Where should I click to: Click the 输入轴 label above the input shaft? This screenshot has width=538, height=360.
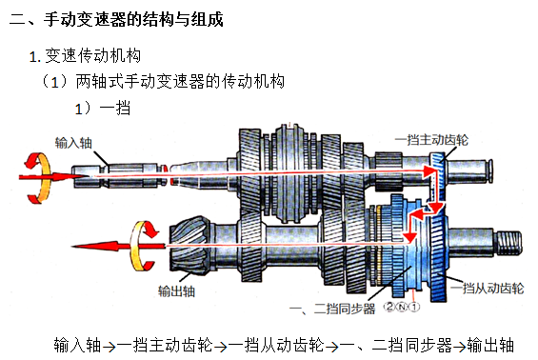coord(73,143)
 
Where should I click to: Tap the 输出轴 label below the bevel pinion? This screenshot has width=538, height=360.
coord(176,291)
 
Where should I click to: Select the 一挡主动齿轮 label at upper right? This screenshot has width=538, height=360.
coord(431,140)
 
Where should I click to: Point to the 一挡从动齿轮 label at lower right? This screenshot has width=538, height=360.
coord(488,288)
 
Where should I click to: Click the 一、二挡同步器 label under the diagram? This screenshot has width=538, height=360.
coord(332,309)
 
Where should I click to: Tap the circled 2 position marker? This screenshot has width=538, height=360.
coord(389,306)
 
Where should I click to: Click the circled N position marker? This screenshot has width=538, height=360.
coord(402,307)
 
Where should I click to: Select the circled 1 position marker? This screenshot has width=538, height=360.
coord(414,307)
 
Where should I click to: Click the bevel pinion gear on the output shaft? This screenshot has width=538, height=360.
coord(189,245)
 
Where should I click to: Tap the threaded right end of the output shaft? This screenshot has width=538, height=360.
coord(510,243)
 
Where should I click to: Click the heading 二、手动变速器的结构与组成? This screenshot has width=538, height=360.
coord(116,19)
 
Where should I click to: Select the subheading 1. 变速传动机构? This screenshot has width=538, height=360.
coord(85,56)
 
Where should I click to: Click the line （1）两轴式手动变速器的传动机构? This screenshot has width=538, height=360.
coord(162,82)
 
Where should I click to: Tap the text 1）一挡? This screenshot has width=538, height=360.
coord(103,109)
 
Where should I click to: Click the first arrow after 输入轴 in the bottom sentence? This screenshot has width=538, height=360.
coord(110,347)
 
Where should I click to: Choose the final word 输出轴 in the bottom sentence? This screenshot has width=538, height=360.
coord(490,345)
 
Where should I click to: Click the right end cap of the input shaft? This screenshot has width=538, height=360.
coord(491,170)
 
